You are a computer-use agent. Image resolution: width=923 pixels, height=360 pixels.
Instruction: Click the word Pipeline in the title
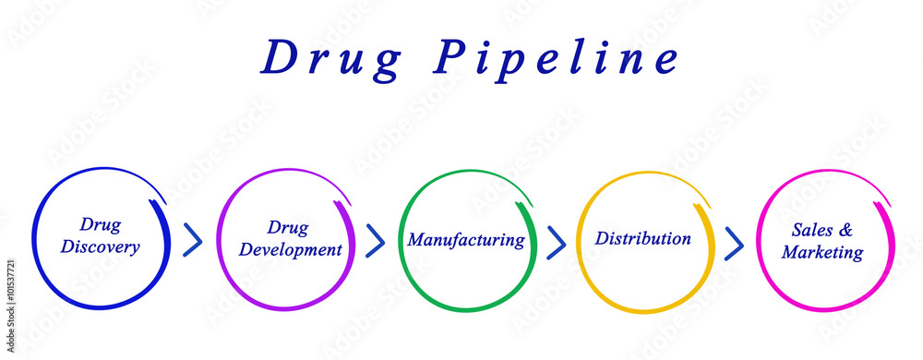coord(558,58)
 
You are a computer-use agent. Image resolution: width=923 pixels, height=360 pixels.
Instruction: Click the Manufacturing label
coord(466,240)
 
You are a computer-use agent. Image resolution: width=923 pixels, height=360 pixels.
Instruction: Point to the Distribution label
coord(642,238)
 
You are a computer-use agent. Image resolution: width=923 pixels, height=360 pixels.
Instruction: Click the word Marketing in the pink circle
coord(822,252)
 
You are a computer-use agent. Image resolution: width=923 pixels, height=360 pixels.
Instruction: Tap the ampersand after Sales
coord(845,229)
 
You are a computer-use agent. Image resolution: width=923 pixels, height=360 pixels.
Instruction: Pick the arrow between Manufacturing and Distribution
coord(556,242)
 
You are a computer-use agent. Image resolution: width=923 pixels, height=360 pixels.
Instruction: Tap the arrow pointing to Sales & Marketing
coord(734,243)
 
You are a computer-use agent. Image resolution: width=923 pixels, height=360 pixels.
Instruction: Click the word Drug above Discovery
coord(100,224)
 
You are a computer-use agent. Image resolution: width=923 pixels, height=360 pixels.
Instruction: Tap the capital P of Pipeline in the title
coord(455,58)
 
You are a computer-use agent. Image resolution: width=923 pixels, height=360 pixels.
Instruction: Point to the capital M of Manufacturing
coord(417,240)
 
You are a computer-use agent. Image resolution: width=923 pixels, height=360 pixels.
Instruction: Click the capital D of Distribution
coord(602,238)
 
